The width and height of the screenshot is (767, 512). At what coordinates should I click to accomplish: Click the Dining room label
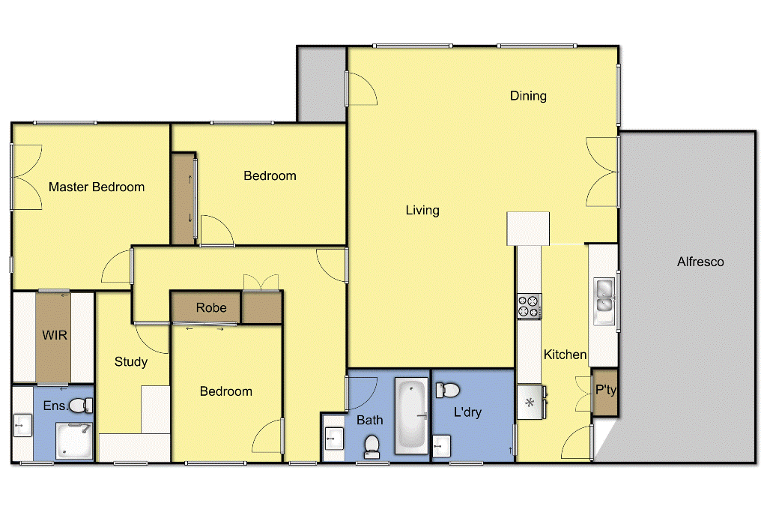pyautogui.click(x=528, y=96)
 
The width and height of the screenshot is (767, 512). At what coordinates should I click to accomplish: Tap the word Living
pyautogui.click(x=422, y=211)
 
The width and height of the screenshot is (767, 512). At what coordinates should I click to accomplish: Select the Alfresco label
pyautogui.click(x=700, y=262)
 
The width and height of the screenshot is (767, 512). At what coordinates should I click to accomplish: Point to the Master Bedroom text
pyautogui.click(x=97, y=187)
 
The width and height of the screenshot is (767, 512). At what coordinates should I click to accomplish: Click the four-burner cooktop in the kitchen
pyautogui.click(x=529, y=305)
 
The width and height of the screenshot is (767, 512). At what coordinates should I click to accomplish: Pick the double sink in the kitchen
pyautogui.click(x=604, y=295)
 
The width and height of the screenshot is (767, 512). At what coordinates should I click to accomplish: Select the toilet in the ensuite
pyautogui.click(x=80, y=406)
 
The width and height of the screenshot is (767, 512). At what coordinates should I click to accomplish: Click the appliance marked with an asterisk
pyautogui.click(x=530, y=403)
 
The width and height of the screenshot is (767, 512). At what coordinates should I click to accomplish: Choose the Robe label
pyautogui.click(x=211, y=308)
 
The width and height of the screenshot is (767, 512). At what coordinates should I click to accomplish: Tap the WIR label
pyautogui.click(x=55, y=335)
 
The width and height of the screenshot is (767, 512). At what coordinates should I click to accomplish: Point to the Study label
pyautogui.click(x=131, y=362)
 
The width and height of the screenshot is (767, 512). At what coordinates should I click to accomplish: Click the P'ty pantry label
pyautogui.click(x=605, y=390)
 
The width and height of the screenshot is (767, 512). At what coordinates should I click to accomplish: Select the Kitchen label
pyautogui.click(x=565, y=355)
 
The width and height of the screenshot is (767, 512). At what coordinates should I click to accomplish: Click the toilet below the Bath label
pyautogui.click(x=372, y=447)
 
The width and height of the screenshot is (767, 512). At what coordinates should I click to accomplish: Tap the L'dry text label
pyautogui.click(x=467, y=412)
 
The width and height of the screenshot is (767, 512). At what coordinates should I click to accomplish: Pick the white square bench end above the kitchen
pyautogui.click(x=528, y=228)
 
